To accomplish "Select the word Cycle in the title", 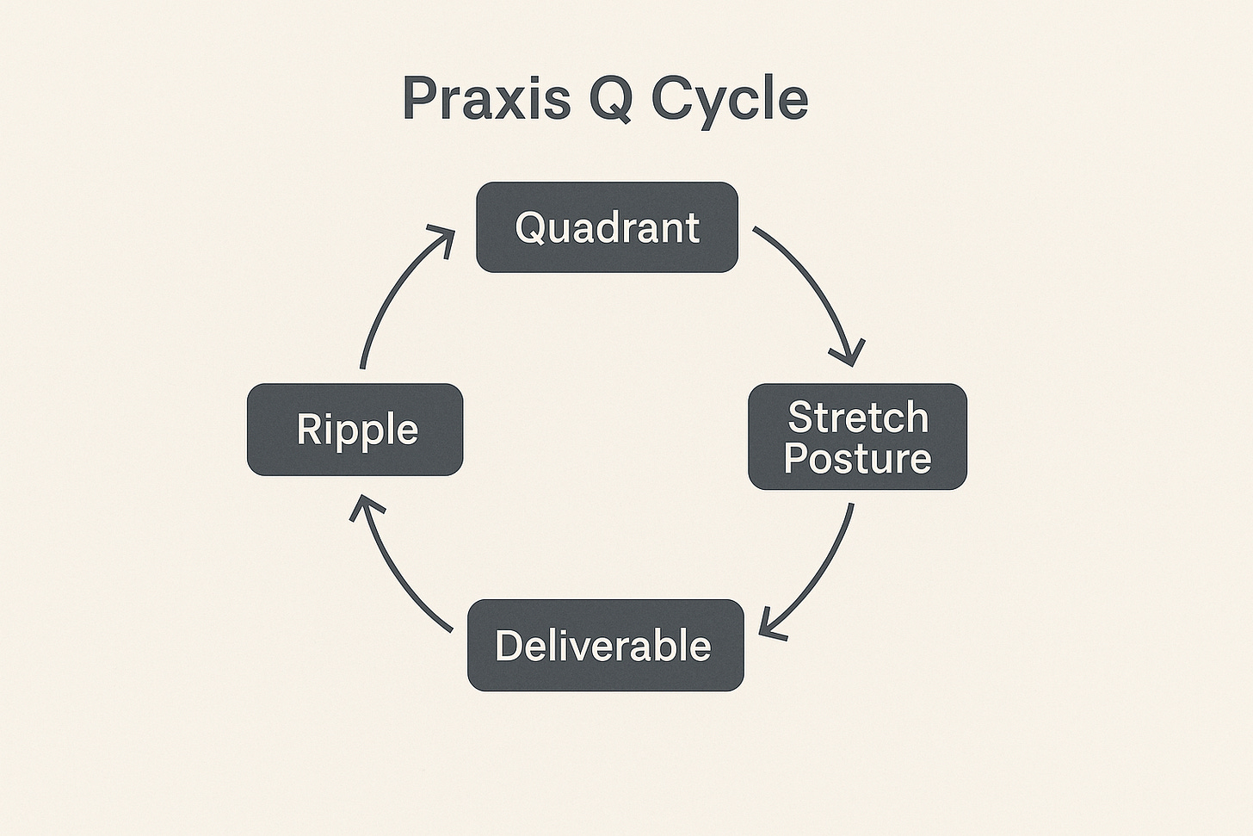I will coord(730,100).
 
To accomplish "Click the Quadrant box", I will coord(607,227).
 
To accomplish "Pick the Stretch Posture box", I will coord(857,437).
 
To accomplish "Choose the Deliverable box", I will coord(605,645).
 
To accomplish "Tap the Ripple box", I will coord(355,429).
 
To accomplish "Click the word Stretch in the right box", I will coord(858,418).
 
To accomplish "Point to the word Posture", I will coord(857,457).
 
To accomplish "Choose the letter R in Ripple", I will coord(307,429).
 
